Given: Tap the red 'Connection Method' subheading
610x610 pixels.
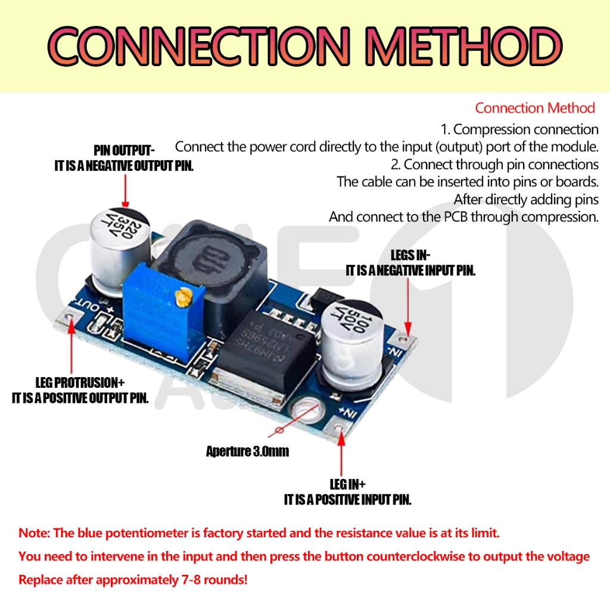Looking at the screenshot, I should [x=535, y=108].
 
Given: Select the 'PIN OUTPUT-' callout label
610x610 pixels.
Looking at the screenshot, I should [x=124, y=150].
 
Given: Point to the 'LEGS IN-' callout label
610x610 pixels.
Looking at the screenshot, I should [x=410, y=256].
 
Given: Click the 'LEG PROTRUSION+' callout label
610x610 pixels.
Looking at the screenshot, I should [x=80, y=382].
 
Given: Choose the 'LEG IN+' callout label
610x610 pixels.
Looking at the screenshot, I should [x=348, y=484].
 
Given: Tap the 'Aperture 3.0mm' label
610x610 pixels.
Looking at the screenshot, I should [x=247, y=451].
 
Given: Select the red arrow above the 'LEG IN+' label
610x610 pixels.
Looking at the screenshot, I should [x=341, y=456].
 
